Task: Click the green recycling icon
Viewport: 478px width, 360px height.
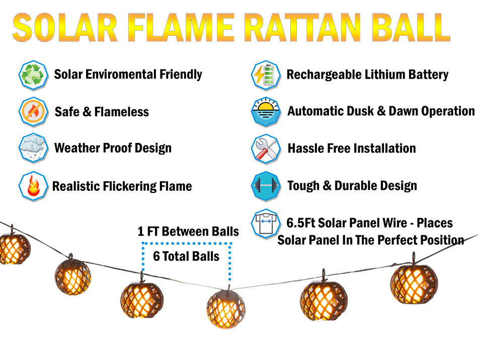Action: [x=33, y=75]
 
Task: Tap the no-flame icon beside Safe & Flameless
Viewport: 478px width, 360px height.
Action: [x=33, y=112]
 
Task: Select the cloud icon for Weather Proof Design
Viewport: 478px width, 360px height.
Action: [x=33, y=148]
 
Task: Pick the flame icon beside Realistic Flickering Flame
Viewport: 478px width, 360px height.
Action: [x=33, y=186]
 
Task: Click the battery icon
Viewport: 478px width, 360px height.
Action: [x=266, y=75]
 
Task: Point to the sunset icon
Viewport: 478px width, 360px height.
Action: [x=266, y=112]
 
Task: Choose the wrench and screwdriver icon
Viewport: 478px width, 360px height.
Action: [x=266, y=149]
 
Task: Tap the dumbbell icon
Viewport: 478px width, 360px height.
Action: [x=266, y=186]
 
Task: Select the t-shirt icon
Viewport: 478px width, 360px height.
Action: [x=266, y=224]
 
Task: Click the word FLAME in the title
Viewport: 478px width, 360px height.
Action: [x=181, y=28]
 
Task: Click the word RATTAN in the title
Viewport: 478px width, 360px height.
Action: [x=302, y=28]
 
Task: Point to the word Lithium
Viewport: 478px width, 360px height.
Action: [x=385, y=75]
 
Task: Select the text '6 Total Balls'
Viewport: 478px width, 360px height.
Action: [x=186, y=256]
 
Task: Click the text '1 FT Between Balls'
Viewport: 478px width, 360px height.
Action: [x=188, y=231]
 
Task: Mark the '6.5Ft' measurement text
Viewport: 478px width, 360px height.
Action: [x=300, y=223]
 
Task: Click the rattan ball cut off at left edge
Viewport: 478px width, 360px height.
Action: [x=14, y=247]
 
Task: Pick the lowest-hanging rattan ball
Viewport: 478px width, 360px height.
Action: [x=226, y=309]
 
